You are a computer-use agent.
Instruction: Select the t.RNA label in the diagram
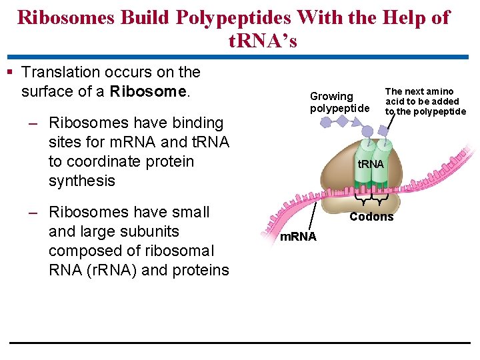point(371,164)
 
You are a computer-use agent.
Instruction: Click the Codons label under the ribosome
point(371,217)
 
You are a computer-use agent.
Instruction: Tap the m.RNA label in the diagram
point(298,237)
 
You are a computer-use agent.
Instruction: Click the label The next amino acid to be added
point(425,101)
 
